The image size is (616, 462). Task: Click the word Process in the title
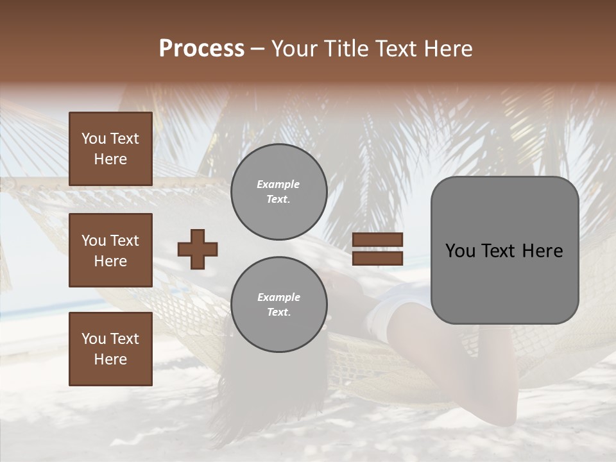[x=201, y=49]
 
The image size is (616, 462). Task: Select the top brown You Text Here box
[x=110, y=149]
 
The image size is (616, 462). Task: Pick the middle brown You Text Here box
[x=110, y=250]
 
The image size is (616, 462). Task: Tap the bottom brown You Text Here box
[x=110, y=348]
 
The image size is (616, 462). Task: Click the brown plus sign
[x=198, y=249]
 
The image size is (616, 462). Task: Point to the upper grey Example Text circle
[x=278, y=192]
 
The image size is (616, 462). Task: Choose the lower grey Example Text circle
[x=278, y=305]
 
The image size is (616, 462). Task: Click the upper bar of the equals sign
[x=377, y=239]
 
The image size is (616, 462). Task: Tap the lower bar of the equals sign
[x=377, y=258]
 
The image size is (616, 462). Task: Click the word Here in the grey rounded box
[x=542, y=251]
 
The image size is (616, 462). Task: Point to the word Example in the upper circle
[x=278, y=184]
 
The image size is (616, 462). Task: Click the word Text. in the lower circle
[x=278, y=312]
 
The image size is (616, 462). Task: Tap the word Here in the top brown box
[x=110, y=159]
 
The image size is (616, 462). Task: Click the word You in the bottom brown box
[x=93, y=338]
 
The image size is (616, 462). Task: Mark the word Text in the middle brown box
[x=124, y=241]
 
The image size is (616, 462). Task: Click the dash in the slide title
[x=257, y=49]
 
